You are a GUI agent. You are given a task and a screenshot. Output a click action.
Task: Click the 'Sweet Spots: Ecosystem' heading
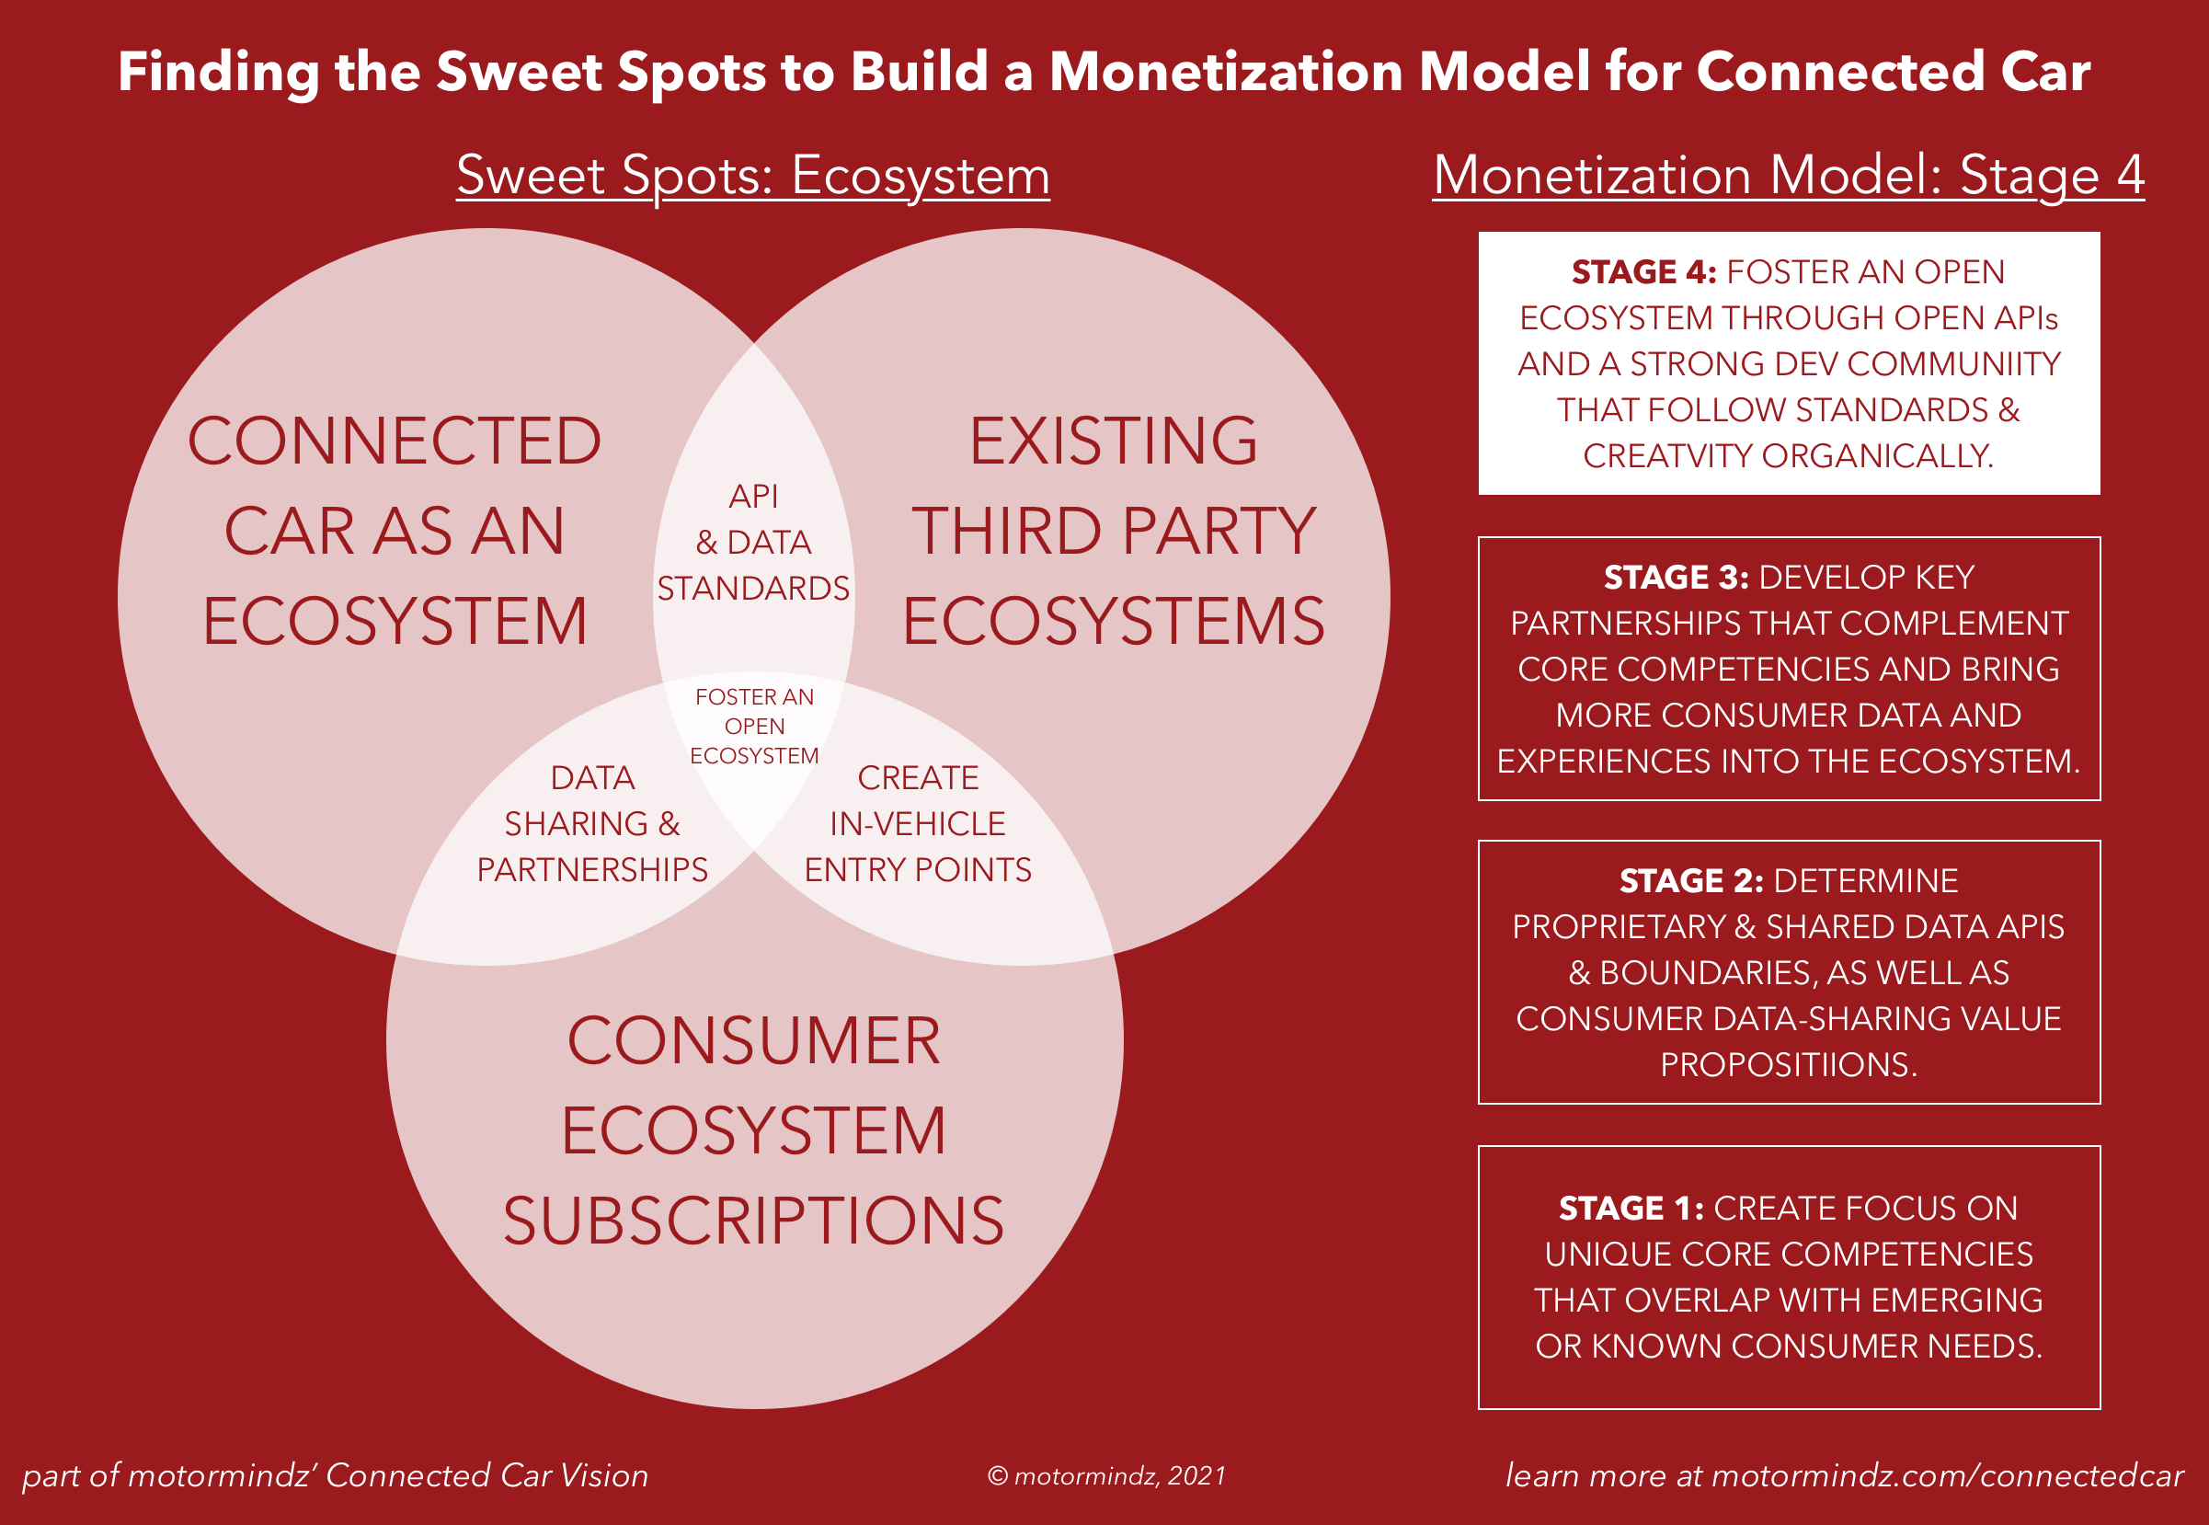coord(753,176)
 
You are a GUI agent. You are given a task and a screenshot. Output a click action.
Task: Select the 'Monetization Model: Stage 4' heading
coord(1788,176)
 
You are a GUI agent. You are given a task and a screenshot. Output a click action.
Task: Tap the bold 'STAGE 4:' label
coord(1643,272)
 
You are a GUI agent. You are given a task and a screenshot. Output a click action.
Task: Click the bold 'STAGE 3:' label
coord(1676,579)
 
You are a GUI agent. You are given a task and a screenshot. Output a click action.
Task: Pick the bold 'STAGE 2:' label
coord(1691,881)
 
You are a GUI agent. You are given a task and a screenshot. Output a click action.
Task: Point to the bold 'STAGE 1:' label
coord(1631,1209)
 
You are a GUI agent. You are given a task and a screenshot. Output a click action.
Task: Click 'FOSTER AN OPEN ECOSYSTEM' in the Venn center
coord(754,727)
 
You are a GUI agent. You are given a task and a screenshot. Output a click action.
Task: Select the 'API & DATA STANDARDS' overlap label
coord(753,542)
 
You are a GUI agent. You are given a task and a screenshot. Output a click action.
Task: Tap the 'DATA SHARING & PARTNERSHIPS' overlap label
coord(592,823)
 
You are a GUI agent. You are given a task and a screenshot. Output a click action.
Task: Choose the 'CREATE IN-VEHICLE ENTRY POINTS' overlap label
coord(917,823)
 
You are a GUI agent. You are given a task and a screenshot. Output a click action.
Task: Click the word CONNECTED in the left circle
coord(394,441)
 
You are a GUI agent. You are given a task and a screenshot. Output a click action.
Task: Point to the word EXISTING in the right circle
coord(1113,441)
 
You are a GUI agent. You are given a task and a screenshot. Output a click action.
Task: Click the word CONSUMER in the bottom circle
coord(754,1040)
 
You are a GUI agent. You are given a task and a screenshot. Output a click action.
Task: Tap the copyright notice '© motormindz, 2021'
coord(1106,1476)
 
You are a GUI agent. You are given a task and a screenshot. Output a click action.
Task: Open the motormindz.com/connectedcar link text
coord(1947,1476)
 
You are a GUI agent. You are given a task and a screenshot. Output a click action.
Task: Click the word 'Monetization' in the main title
coord(1226,72)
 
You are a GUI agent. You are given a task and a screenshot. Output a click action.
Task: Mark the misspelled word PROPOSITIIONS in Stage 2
coord(1788,1064)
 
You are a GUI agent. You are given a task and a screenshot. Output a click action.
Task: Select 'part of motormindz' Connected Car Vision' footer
coord(335,1476)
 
